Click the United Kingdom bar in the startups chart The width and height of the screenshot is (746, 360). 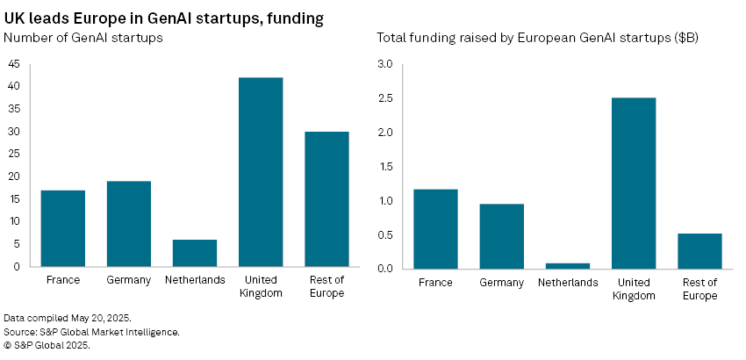coord(261,171)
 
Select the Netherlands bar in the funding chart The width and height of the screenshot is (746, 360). coord(568,265)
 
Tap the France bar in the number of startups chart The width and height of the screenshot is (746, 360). coord(63,227)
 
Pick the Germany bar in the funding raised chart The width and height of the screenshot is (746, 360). coord(502,235)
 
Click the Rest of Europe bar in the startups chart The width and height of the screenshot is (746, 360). coord(326,198)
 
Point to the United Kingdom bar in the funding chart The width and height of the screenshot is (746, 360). coord(634,183)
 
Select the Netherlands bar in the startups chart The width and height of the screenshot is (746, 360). coord(195,252)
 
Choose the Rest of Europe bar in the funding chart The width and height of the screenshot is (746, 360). coord(699,250)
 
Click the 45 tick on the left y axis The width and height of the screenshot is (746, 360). coord(14,64)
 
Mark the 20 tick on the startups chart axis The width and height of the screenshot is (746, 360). coord(14,176)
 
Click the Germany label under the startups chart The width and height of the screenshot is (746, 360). coord(129,280)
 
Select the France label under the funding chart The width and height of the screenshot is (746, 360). coord(436,282)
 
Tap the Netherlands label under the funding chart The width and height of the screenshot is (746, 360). coord(568,282)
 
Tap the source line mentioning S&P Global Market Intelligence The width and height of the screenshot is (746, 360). coord(91,331)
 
